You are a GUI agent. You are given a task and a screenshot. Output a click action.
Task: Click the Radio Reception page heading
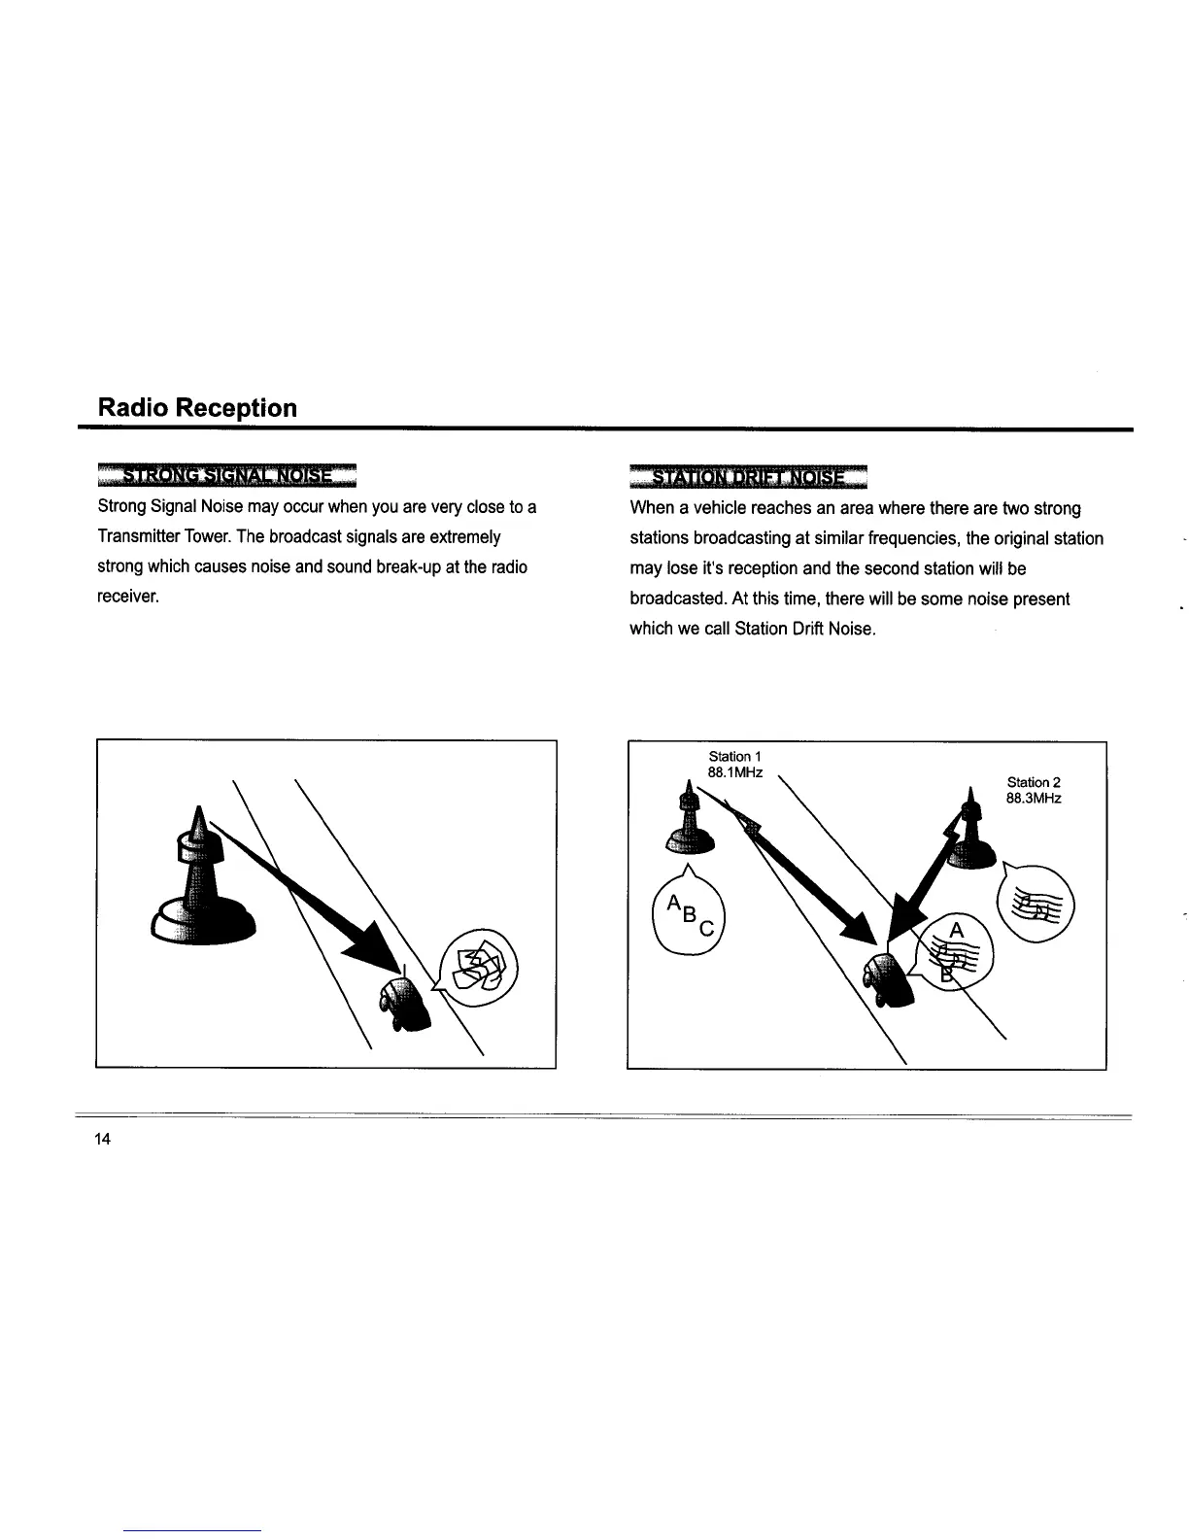[x=197, y=407]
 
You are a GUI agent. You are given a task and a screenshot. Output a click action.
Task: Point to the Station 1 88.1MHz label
[x=734, y=765]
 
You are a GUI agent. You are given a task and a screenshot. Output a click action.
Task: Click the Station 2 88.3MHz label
[x=1034, y=790]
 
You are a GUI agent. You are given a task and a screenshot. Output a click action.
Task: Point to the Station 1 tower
[x=690, y=823]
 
